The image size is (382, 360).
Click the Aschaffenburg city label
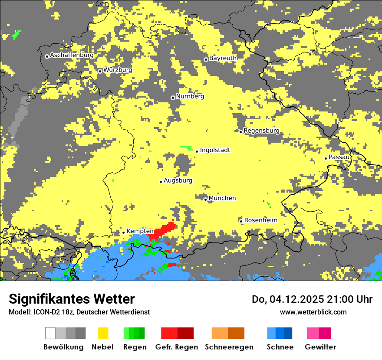(x=72, y=55)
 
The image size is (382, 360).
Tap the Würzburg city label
(x=118, y=70)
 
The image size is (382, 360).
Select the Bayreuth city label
(x=223, y=58)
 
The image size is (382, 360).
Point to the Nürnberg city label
(x=190, y=96)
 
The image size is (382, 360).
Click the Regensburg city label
(x=261, y=131)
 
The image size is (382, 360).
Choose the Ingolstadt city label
(x=215, y=150)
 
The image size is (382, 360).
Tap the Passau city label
(x=339, y=157)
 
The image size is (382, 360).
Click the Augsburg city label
(x=178, y=180)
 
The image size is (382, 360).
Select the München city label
(x=222, y=198)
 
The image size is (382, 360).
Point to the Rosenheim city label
(x=260, y=220)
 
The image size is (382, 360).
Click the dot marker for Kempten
(x=123, y=232)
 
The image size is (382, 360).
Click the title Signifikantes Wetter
(x=72, y=299)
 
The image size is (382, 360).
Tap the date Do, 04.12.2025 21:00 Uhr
(x=312, y=299)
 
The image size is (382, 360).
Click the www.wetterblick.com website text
(x=313, y=312)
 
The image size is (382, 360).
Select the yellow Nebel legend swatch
(x=103, y=333)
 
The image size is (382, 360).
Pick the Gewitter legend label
(x=320, y=347)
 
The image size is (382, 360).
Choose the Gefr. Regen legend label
(x=177, y=347)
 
